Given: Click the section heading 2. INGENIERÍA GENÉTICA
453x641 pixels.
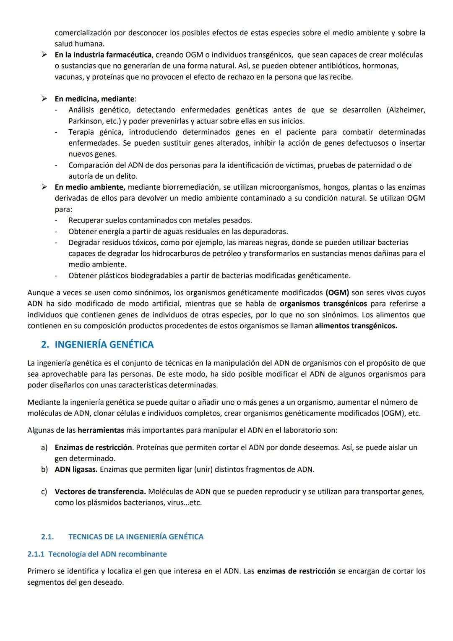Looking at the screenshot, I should [97, 345].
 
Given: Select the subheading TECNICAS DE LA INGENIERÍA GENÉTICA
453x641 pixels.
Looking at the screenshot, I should [135, 537].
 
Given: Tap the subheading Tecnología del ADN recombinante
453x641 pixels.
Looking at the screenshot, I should [97, 554].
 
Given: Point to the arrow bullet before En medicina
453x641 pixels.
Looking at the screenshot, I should [43, 99].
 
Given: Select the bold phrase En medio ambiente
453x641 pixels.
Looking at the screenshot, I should [89, 187].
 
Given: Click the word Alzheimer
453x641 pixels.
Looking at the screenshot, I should [406, 110].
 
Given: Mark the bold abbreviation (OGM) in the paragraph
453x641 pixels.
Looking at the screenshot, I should [337, 293].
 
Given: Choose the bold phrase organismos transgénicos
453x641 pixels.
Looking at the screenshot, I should [323, 303].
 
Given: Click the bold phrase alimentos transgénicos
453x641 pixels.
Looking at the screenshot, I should [356, 326].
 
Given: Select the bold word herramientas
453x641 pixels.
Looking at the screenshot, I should [101, 430].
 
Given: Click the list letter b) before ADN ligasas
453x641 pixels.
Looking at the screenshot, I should [44, 469].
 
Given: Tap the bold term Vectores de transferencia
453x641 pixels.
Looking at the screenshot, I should [100, 492].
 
